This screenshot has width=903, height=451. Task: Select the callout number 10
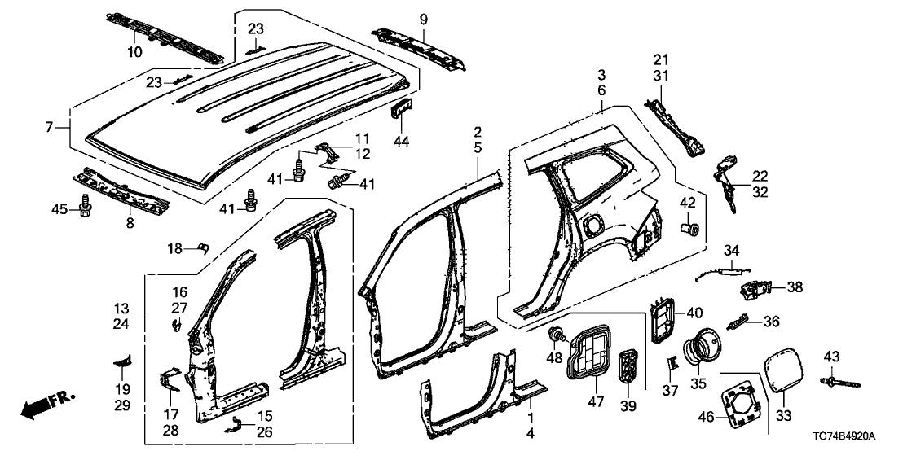tap(134, 52)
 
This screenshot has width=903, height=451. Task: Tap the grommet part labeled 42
tap(692, 228)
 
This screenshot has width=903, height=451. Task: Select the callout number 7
tap(49, 127)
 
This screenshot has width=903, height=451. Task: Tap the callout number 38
tap(795, 287)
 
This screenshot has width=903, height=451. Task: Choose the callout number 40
tap(694, 312)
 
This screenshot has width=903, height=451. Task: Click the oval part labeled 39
tap(628, 365)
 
